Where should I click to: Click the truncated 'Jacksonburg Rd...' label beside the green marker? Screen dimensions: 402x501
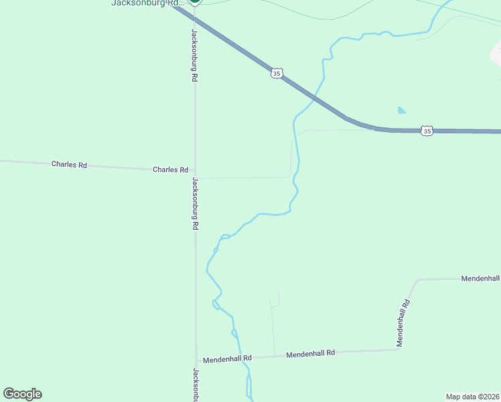coord(147,3)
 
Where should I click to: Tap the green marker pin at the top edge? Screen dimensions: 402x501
coord(195,2)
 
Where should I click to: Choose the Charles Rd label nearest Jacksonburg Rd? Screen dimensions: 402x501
coord(170,170)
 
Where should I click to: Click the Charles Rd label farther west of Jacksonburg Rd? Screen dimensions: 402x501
coord(70,164)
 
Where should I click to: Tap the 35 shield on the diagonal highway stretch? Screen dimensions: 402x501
coord(277,72)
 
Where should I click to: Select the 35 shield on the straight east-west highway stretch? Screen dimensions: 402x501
coord(427,131)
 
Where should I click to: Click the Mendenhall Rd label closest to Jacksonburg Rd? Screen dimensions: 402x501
coord(227,358)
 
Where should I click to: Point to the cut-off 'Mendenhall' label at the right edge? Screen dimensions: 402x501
coord(480,278)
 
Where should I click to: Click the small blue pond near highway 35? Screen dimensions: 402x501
coord(401,110)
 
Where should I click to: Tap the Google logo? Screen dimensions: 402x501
coord(22,394)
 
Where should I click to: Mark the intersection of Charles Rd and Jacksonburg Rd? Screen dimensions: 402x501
coord(196,172)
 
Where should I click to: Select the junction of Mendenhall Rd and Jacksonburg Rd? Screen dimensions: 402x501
coord(196,360)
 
